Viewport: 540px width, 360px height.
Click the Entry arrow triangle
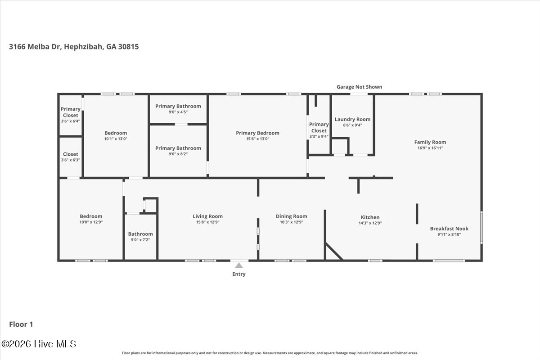(x=239, y=265)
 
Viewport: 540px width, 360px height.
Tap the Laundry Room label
(x=352, y=119)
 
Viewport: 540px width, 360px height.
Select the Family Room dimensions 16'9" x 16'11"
(x=430, y=148)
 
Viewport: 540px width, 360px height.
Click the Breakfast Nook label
(x=450, y=229)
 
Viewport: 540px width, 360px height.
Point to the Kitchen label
(x=370, y=217)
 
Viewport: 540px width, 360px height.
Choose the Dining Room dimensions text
(x=292, y=222)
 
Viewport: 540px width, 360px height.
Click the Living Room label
(x=207, y=216)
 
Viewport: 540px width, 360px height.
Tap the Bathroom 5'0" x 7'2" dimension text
(x=140, y=240)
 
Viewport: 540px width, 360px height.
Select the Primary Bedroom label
(x=257, y=133)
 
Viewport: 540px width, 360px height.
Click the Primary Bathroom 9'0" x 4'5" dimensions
(x=178, y=112)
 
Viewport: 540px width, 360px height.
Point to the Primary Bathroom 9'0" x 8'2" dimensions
(x=178, y=154)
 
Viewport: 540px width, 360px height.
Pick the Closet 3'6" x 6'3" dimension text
(x=70, y=160)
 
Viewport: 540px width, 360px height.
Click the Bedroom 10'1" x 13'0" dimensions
(x=116, y=139)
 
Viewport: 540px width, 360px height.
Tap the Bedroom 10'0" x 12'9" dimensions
(x=91, y=222)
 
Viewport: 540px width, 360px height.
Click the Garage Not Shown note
(x=360, y=87)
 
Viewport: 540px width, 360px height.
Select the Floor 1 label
(x=21, y=324)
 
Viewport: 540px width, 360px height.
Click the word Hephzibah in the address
(x=84, y=46)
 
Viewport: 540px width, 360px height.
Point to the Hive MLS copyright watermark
(x=39, y=344)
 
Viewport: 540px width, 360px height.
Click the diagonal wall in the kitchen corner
(x=334, y=252)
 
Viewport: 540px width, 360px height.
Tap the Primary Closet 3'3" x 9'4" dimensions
(x=319, y=137)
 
